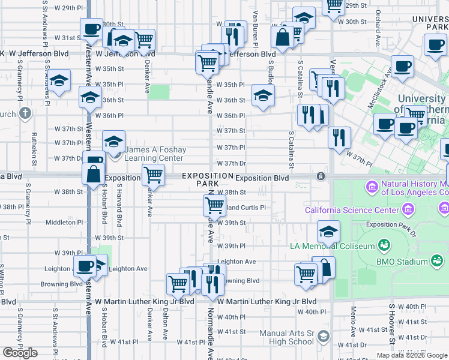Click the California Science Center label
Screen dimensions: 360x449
[x=351, y=210]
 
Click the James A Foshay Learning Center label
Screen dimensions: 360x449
[x=155, y=154]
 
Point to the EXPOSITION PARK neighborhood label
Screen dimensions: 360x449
[x=207, y=179]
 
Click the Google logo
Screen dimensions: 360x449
[x=20, y=353]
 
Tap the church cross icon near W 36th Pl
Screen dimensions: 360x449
[x=25, y=113]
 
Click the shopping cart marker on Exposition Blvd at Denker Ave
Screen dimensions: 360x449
[x=153, y=175]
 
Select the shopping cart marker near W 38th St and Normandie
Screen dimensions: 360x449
[x=214, y=205]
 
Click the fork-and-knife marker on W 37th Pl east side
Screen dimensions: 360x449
[x=339, y=137]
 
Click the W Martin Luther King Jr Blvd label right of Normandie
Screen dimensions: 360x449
[x=267, y=301]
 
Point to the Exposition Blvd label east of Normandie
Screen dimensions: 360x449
[x=262, y=178]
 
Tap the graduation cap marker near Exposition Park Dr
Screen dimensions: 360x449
[x=328, y=231]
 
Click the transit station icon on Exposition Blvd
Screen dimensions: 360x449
[x=321, y=176]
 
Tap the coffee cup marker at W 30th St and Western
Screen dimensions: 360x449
[x=92, y=28]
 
